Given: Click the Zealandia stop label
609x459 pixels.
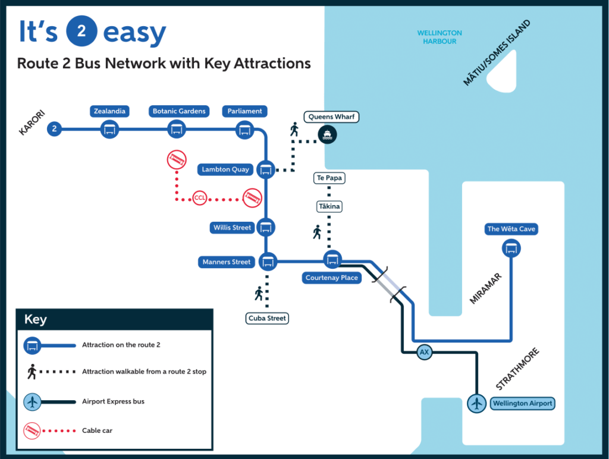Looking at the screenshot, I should click(x=109, y=111).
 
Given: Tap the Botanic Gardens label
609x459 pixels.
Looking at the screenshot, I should click(x=179, y=111).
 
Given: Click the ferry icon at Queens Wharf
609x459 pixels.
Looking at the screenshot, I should click(x=327, y=135).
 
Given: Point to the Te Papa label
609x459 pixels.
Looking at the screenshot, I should click(x=329, y=178).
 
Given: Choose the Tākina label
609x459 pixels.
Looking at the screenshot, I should click(x=329, y=206).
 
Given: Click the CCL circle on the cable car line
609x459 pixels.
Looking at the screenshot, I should click(x=200, y=199).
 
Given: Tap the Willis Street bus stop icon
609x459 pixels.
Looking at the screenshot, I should click(x=266, y=227).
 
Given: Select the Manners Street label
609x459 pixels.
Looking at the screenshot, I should click(x=227, y=262).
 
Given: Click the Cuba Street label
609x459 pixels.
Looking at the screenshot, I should click(x=268, y=318).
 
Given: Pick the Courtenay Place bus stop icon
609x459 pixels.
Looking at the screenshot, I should click(x=332, y=260).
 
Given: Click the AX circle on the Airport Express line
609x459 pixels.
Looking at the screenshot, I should click(x=424, y=352).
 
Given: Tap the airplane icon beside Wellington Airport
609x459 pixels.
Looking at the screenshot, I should click(x=476, y=403).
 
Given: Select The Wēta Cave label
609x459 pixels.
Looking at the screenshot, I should click(x=511, y=229).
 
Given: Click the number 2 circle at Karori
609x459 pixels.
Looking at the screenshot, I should click(x=55, y=128).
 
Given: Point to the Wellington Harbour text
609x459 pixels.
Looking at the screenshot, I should click(x=440, y=37).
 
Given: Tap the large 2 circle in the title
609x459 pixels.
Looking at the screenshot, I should click(x=81, y=32).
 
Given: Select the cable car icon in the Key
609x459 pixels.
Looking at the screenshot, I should click(x=32, y=430).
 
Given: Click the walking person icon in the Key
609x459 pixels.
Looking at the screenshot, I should click(x=32, y=372).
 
